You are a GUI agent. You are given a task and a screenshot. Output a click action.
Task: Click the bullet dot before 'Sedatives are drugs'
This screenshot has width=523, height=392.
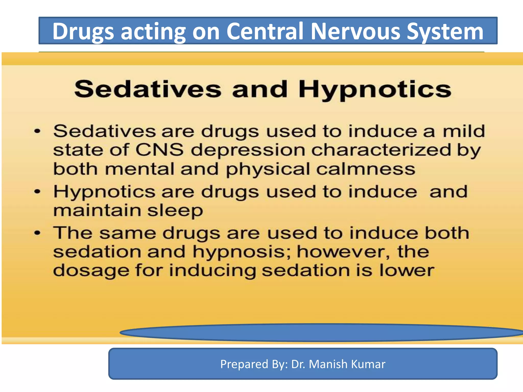pos(38,131)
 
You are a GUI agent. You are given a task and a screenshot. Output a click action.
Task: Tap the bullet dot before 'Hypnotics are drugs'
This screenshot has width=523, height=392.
pos(38,192)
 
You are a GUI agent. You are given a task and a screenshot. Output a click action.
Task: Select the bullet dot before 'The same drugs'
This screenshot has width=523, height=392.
pos(38,233)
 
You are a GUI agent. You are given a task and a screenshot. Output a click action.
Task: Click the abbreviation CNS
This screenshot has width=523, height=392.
pos(159,150)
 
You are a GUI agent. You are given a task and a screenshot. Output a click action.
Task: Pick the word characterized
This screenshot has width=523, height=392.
pos(381,150)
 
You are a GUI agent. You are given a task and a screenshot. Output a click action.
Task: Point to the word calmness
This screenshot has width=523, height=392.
pos(365,169)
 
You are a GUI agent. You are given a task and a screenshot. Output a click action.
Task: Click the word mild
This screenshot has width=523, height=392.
pos(463,131)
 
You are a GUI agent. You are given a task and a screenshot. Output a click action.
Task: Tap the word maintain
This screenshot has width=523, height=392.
pos(97,211)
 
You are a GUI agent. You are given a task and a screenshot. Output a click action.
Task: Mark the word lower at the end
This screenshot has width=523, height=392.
pos(406,271)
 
